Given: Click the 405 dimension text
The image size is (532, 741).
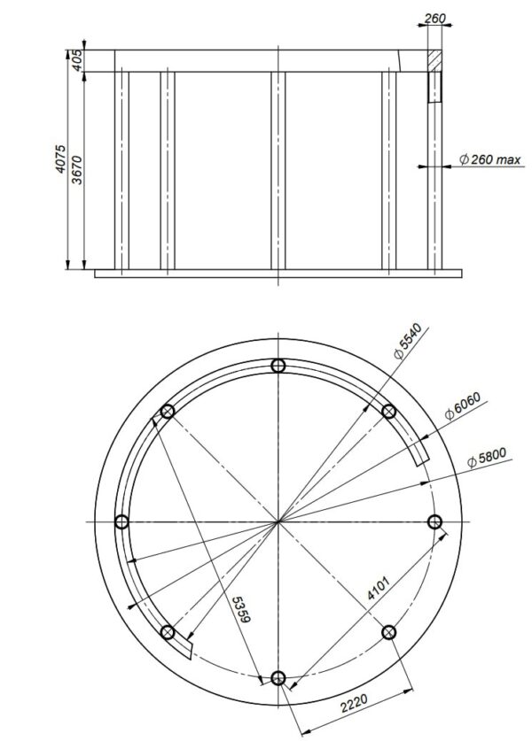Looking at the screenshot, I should (x=77, y=60).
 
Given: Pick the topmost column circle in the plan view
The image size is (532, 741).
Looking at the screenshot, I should (x=278, y=367).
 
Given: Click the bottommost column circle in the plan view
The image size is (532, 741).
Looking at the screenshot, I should (x=278, y=678).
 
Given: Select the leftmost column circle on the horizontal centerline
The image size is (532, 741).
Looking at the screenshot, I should (x=122, y=521).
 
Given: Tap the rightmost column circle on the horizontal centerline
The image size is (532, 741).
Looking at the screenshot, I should (x=434, y=521).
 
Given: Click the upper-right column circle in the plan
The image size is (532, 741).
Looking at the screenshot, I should (x=388, y=411).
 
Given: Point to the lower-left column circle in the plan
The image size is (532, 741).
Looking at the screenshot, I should (x=168, y=632).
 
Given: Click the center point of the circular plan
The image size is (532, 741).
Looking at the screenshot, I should (x=278, y=521).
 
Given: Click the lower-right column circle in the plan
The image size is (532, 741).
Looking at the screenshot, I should (x=388, y=631).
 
